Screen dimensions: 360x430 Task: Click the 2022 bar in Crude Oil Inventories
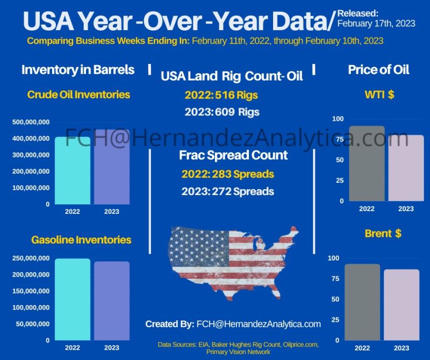click(73, 170)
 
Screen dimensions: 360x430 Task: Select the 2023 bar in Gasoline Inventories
click(112, 300)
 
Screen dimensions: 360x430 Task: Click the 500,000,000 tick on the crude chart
click(31, 123)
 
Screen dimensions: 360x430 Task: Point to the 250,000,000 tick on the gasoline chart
click(31, 258)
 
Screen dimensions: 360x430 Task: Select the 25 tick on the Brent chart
click(337, 320)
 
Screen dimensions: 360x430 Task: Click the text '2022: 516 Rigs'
click(221, 95)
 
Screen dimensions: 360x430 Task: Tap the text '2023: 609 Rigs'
click(222, 112)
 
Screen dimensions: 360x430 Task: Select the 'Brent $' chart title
click(383, 234)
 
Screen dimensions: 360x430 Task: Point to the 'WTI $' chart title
click(379, 95)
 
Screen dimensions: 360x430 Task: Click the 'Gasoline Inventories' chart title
click(81, 239)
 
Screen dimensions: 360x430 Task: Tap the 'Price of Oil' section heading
click(378, 69)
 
